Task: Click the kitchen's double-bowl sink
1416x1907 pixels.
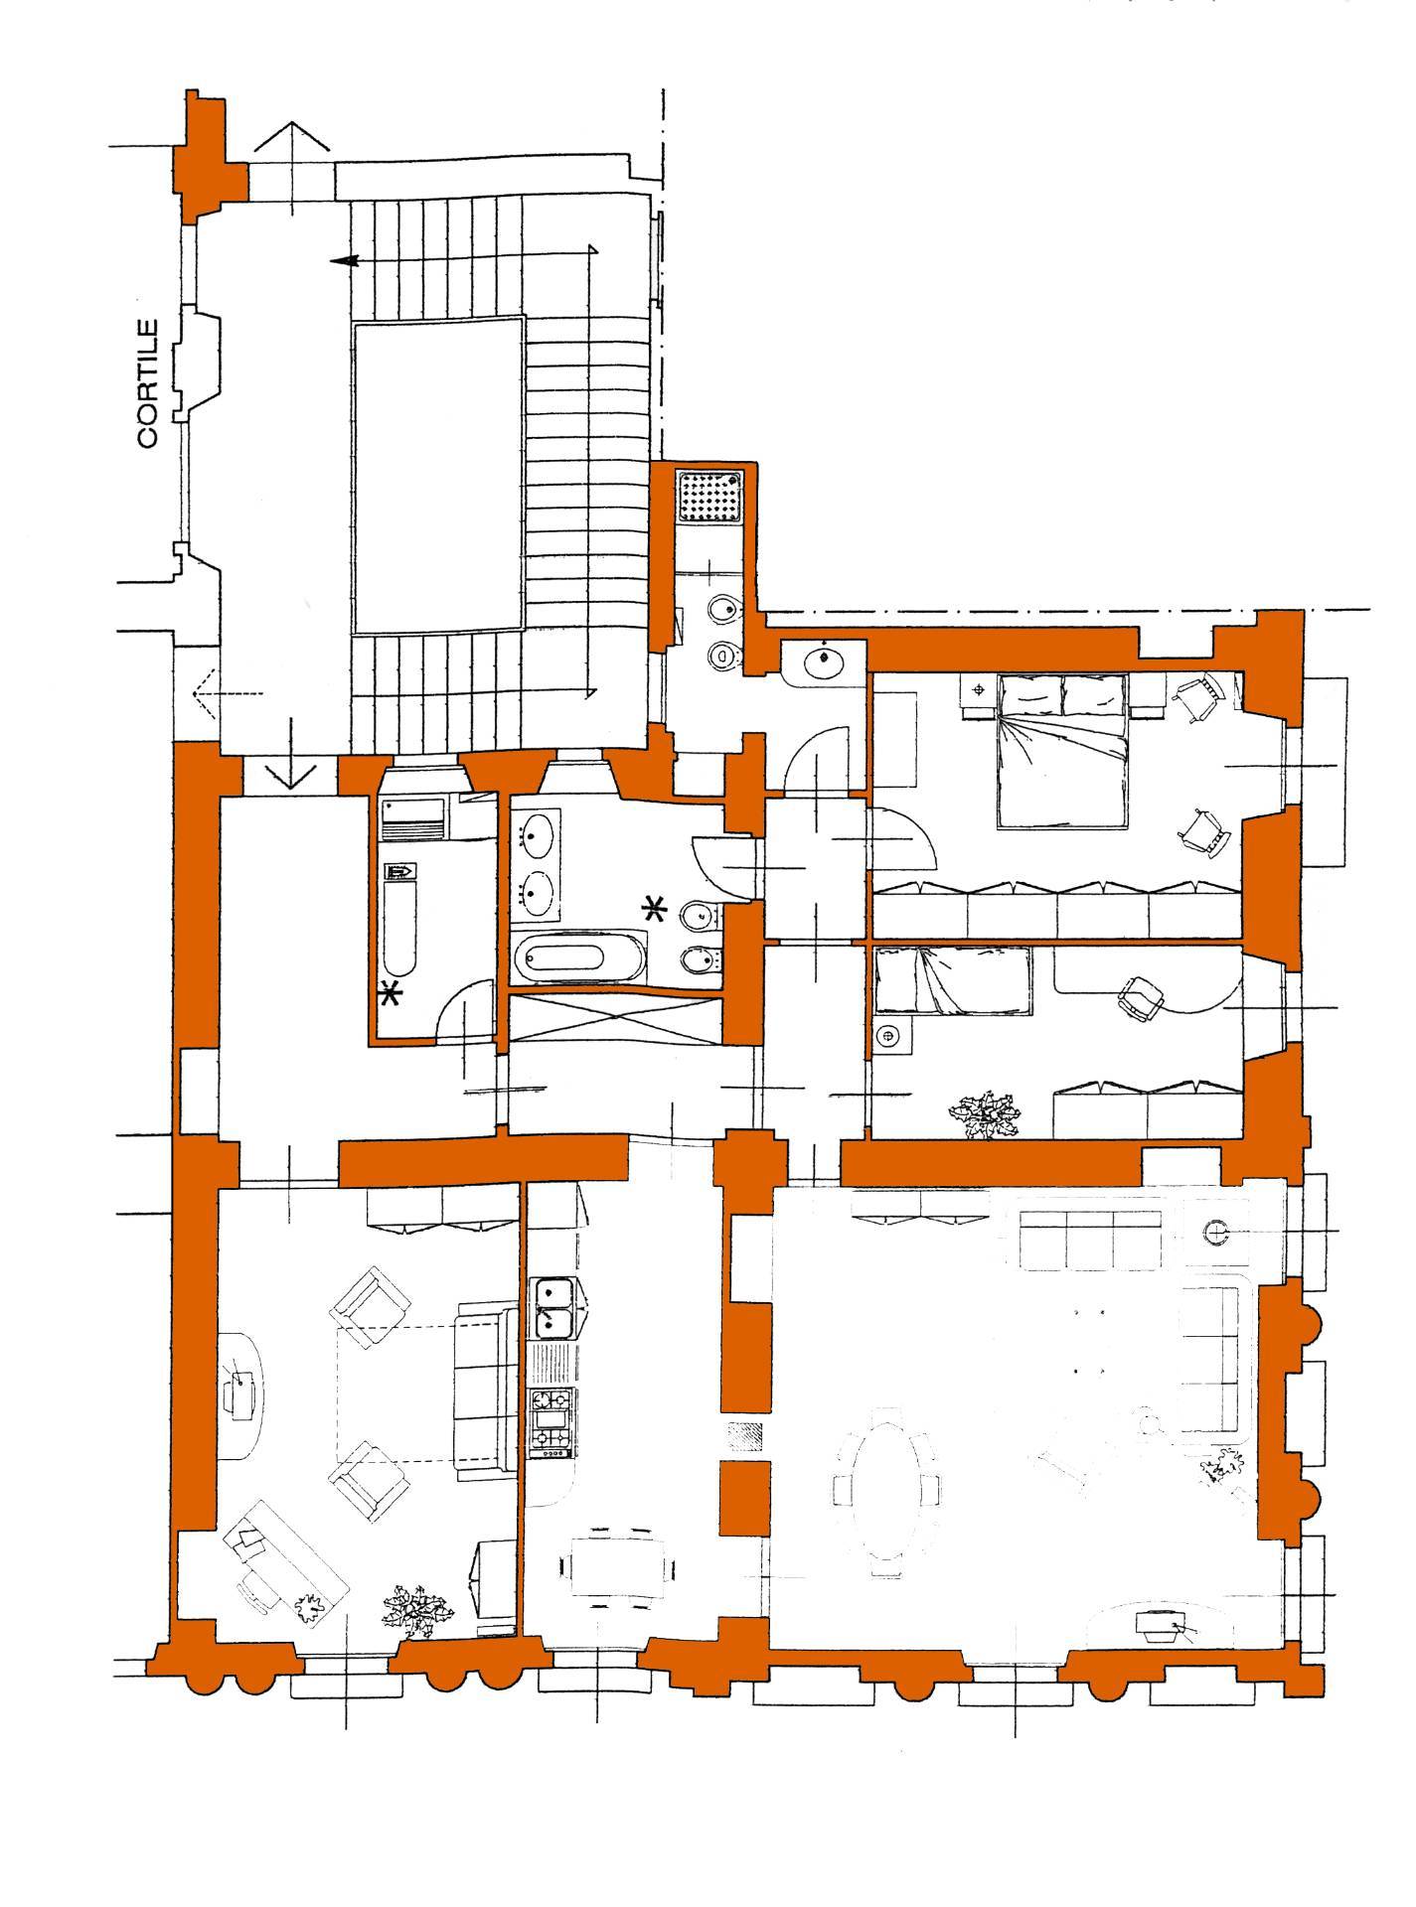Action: click(x=552, y=1307)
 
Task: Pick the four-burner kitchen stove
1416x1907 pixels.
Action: click(x=552, y=1421)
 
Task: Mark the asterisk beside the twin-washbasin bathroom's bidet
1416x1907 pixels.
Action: click(x=655, y=907)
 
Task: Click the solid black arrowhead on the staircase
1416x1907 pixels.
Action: click(x=344, y=260)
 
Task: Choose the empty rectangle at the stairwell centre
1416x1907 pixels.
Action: click(x=438, y=475)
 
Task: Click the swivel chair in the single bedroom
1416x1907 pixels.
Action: click(x=1137, y=996)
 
